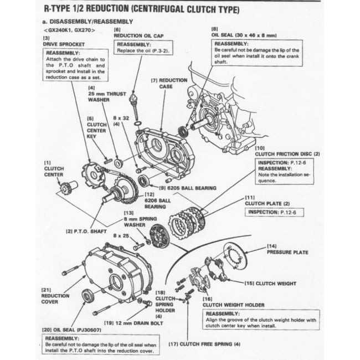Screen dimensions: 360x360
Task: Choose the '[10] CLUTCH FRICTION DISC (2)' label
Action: coord(287,153)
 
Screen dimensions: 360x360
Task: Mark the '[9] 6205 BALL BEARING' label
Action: coord(189,188)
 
